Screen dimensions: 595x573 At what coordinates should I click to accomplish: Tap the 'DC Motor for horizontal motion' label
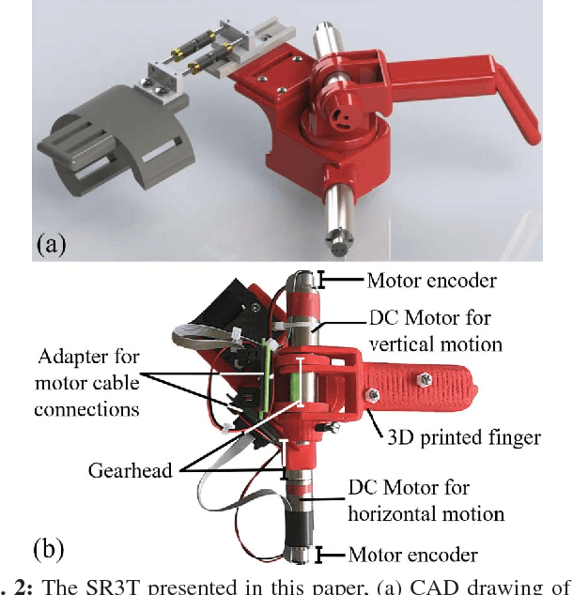(x=426, y=501)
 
